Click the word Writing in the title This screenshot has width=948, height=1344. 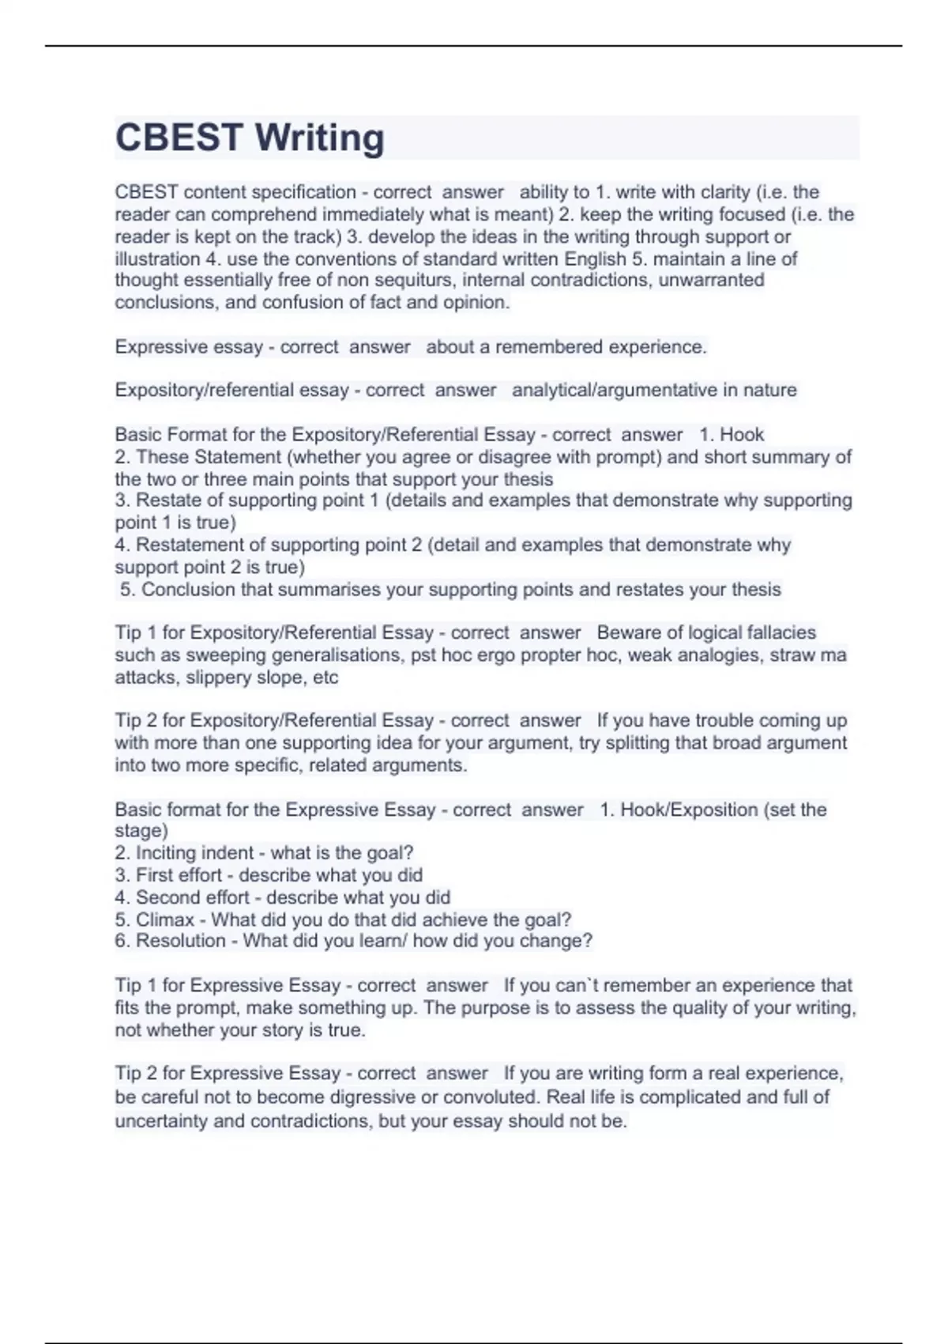[x=319, y=138]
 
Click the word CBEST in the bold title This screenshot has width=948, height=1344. [x=179, y=138]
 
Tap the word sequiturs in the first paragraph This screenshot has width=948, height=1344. [x=409, y=281]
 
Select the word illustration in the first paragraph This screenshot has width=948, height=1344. [x=157, y=259]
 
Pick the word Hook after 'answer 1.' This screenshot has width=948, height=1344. [x=742, y=435]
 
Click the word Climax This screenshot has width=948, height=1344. [x=165, y=920]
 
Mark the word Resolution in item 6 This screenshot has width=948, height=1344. [x=181, y=941]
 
